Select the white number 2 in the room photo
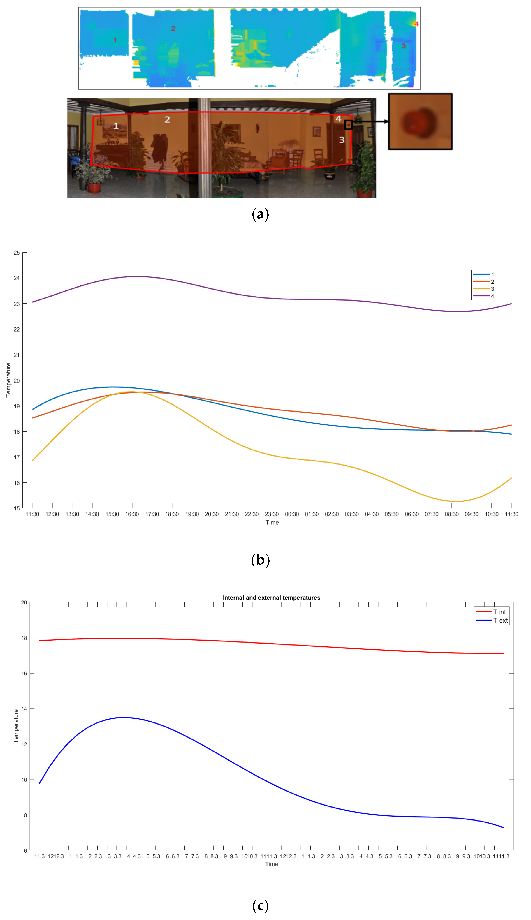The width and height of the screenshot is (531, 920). (x=167, y=120)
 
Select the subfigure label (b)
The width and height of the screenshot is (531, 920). (x=260, y=560)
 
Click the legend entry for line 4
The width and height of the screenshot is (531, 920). (x=483, y=296)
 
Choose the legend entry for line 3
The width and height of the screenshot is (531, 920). (x=483, y=289)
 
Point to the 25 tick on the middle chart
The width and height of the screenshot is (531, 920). (x=17, y=253)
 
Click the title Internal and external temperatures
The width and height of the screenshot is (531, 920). (x=271, y=598)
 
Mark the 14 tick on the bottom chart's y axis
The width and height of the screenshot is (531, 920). (x=24, y=709)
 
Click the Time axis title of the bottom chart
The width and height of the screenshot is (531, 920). (x=271, y=864)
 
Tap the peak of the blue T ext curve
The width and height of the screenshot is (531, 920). (x=126, y=717)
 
